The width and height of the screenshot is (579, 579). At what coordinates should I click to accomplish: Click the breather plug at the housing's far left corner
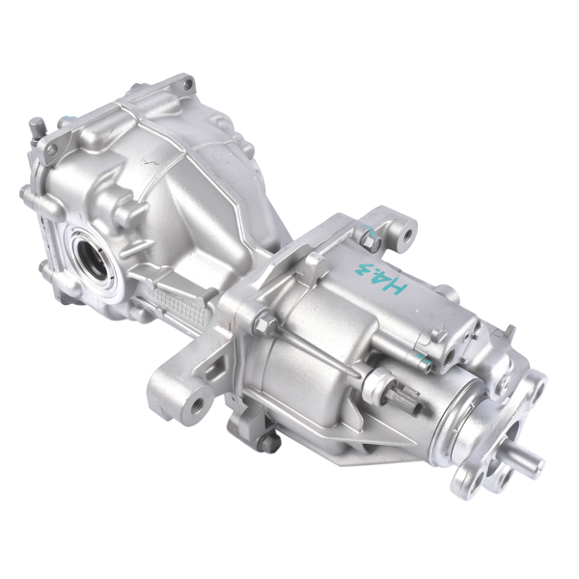[37, 125]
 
